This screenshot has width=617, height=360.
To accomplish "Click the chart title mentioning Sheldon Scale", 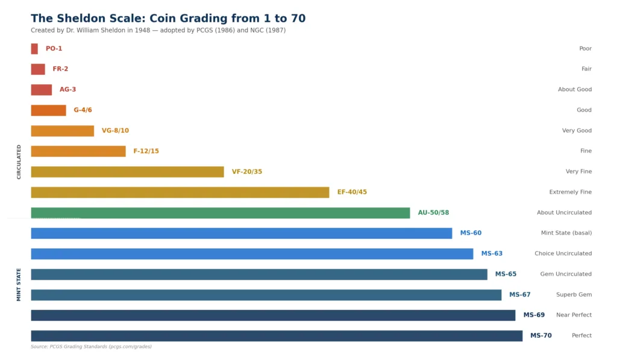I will (168, 19).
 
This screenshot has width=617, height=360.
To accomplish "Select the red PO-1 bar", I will (34, 49).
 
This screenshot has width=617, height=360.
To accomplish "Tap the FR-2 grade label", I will (60, 69).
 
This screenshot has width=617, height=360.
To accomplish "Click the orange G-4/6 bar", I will (48, 110).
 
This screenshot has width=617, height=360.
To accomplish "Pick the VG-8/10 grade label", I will (115, 131).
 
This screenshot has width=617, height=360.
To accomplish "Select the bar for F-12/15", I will (78, 151).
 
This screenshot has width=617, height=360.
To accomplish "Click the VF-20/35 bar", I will (127, 172).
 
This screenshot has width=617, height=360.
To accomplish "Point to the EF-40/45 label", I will (352, 192).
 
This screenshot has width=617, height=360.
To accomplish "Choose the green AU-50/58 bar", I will (220, 213).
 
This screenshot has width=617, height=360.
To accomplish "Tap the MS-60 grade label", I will (471, 233).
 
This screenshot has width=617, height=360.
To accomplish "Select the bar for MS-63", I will (252, 254).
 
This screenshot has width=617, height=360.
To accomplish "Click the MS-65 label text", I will (506, 274).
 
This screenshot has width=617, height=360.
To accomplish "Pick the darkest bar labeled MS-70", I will (277, 336).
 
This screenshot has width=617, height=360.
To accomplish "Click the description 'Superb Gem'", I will (574, 295).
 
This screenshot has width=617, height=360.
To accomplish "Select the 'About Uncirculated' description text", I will (564, 213).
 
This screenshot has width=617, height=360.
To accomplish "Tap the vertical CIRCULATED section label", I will (19, 162).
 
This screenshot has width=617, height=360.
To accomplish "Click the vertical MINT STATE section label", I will (19, 285).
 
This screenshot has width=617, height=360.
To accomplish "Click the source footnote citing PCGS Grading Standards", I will (91, 347).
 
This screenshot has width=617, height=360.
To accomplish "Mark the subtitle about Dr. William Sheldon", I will (158, 30).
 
